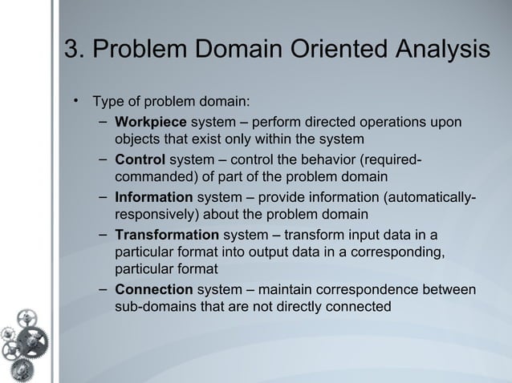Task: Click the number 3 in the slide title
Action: pos(71,49)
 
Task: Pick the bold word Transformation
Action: pos(167,235)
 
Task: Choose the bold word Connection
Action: pos(154,289)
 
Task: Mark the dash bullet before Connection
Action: pos(104,288)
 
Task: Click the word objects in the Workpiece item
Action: pos(139,139)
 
